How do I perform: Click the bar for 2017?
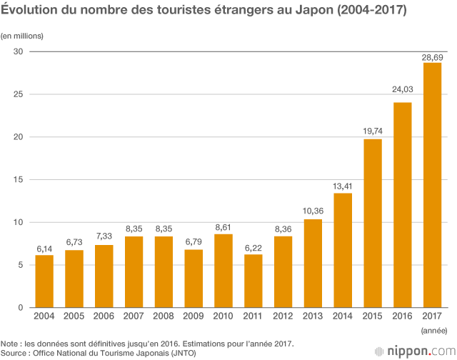(x=432, y=186)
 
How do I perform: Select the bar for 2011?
(x=253, y=281)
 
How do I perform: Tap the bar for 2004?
(x=44, y=281)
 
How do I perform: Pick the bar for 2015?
(x=372, y=224)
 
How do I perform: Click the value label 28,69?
(x=432, y=57)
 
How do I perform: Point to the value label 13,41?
(x=342, y=187)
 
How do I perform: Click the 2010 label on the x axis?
(x=223, y=316)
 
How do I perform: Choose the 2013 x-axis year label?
(x=312, y=316)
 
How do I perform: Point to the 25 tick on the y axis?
(x=19, y=94)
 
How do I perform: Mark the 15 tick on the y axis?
(x=19, y=180)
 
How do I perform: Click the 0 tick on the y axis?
(x=21, y=308)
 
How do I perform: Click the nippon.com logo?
(x=413, y=351)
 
